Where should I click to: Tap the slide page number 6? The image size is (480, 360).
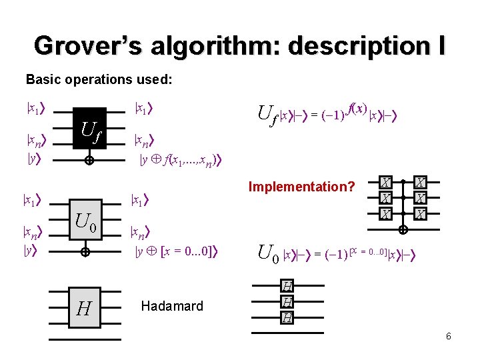point(449,336)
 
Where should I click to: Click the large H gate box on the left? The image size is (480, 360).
point(84,307)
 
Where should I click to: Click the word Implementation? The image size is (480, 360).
point(301,187)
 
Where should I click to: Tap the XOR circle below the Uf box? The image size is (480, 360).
point(87,160)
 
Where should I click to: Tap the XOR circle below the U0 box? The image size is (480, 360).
point(85,253)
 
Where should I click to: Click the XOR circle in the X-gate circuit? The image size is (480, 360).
point(403,230)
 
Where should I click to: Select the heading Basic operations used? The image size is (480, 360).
point(99,79)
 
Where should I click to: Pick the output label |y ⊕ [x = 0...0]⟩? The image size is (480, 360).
point(177,251)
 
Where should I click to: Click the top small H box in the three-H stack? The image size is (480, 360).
point(287,287)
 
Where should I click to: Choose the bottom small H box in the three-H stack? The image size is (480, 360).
point(287,317)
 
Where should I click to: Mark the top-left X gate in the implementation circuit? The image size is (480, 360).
point(386,182)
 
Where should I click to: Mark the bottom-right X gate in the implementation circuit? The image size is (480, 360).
point(420,213)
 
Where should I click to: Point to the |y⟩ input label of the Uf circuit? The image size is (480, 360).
point(30,159)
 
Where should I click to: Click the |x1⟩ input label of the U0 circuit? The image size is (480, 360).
point(30,199)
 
